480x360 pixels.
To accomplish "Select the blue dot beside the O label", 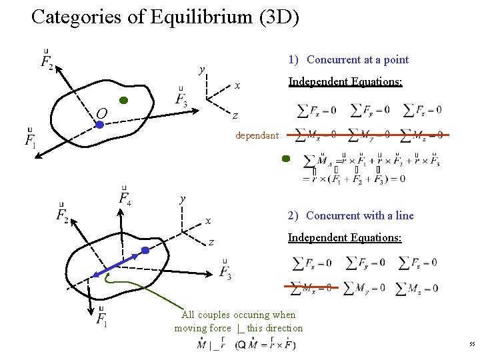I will coord(99,123).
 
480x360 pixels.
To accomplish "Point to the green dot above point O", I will coord(123,101).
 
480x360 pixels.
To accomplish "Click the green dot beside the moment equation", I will coord(285,159).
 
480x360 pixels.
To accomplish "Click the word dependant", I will coord(257,135).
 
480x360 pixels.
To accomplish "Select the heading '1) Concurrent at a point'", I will coord(348,59).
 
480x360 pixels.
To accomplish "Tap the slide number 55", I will coord(471,344).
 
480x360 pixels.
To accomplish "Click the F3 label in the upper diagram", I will coord(181,100).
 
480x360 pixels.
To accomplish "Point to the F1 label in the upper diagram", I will coord(30,140).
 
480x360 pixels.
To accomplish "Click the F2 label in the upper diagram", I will coord(46,62).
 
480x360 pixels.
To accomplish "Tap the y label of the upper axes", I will coord(201,69).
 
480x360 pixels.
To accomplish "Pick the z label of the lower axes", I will coord(211,242).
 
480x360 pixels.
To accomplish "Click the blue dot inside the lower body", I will coord(145,251).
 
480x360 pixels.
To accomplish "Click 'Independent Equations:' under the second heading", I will coord(345,237).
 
